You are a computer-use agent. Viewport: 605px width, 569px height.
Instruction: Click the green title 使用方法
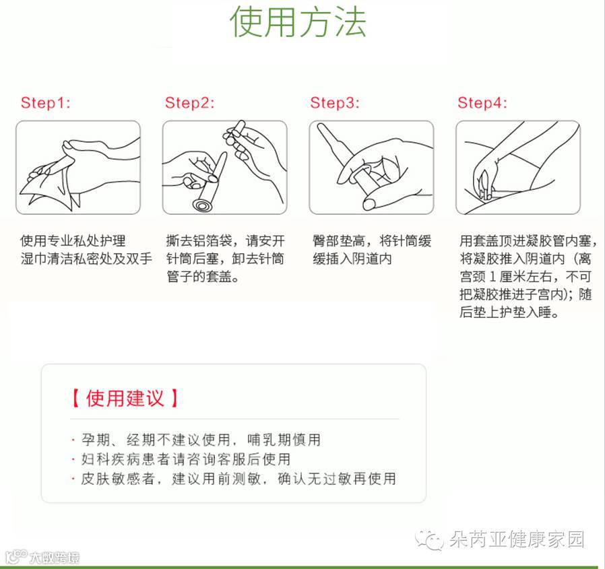point(298,22)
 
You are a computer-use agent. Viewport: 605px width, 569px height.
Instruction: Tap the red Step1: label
point(46,102)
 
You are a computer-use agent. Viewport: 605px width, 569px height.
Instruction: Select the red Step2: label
point(189,102)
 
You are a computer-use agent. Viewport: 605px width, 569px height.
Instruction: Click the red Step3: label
point(335,102)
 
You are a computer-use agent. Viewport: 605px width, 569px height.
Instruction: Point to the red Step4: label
point(482,102)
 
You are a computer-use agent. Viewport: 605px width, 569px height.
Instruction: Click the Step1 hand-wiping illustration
point(78,168)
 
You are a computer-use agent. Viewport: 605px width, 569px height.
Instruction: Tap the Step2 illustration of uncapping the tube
point(224,168)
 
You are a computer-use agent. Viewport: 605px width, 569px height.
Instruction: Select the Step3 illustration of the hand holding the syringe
point(371,168)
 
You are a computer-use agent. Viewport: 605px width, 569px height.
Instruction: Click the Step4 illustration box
point(518,168)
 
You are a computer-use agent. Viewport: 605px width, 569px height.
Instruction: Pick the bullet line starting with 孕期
point(196,440)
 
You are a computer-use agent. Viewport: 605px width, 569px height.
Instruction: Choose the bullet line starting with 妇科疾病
point(181,459)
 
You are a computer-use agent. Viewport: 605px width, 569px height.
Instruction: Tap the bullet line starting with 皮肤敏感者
point(234,479)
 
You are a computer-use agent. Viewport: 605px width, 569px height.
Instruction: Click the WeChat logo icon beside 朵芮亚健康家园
point(429,539)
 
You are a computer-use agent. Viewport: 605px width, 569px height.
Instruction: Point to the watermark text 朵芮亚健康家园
point(517,539)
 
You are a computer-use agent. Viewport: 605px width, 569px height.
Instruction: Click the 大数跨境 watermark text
point(55,558)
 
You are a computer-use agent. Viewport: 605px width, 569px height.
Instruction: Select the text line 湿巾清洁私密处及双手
point(86,259)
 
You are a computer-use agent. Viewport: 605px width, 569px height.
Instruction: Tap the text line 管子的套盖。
point(203,276)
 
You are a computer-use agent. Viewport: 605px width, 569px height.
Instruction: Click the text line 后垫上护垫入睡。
point(509,312)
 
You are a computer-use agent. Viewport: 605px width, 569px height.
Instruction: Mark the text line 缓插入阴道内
point(352,259)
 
